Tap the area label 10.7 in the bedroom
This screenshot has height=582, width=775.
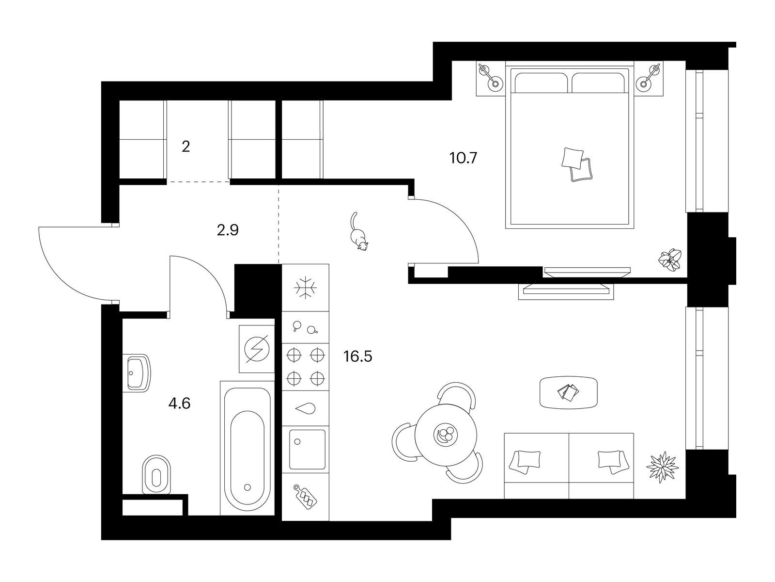(x=463, y=158)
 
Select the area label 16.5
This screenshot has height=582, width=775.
(x=357, y=356)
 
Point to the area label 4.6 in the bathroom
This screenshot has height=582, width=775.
(x=179, y=403)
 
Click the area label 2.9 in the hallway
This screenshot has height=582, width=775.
(x=228, y=230)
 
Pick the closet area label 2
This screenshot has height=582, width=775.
(x=186, y=146)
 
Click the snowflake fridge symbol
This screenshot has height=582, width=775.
(x=305, y=287)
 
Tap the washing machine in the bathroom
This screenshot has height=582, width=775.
(x=257, y=349)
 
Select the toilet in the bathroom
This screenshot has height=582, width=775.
(x=156, y=474)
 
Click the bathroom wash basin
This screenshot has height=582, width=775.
(x=139, y=373)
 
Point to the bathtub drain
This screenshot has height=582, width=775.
(x=247, y=487)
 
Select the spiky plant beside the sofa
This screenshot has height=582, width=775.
(x=662, y=467)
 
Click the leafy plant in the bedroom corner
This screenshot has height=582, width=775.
(x=670, y=260)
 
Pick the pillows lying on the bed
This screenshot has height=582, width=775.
(x=577, y=164)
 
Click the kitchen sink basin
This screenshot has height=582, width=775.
(x=307, y=449)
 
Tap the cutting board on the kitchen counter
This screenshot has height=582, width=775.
(x=306, y=497)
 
